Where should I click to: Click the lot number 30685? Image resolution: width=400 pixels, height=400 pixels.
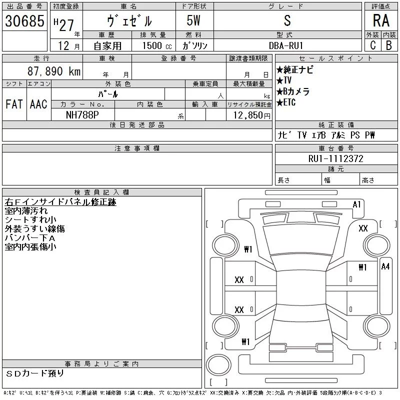[23, 21]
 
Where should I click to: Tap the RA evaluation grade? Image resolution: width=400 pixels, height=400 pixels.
[381, 21]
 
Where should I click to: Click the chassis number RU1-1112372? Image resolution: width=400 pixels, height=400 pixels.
[336, 158]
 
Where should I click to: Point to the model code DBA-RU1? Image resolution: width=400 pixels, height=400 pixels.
[286, 45]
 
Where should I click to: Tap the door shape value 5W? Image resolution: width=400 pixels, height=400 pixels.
[194, 21]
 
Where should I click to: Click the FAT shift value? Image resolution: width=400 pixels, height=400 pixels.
[14, 104]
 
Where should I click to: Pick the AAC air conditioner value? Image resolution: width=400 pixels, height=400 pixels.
[38, 104]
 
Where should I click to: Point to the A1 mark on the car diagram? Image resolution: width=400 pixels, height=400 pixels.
[357, 204]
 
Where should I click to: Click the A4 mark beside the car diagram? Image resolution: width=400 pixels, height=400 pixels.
[385, 266]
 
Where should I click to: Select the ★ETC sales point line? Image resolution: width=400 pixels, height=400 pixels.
[286, 102]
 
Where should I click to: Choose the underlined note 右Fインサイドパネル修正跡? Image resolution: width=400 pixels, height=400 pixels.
[60, 202]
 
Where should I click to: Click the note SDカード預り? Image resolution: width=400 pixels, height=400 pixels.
[35, 373]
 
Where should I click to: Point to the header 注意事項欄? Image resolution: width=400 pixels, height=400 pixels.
[137, 148]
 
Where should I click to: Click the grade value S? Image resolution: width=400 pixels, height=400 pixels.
[286, 21]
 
